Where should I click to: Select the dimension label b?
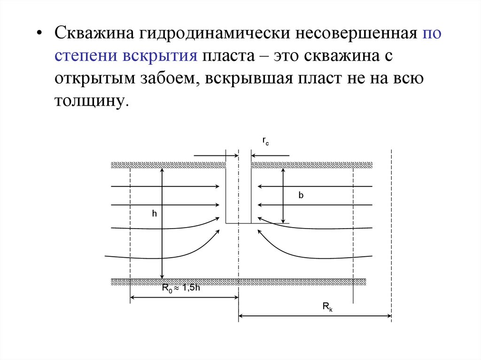click(x=301, y=196)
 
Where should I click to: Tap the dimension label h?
click(x=154, y=214)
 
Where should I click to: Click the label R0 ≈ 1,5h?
click(x=181, y=289)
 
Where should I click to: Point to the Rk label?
click(x=327, y=307)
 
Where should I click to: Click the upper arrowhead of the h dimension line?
click(x=162, y=170)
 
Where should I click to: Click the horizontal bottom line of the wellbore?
click(x=239, y=223)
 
